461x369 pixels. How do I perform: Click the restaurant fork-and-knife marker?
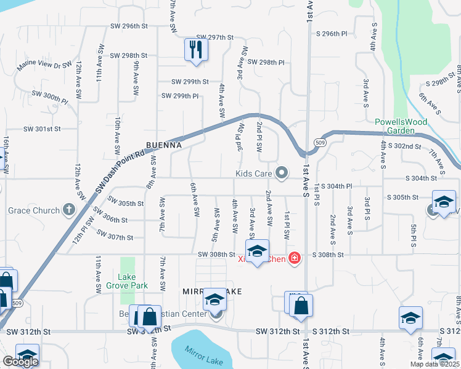(195, 50)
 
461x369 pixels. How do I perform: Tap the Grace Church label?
(34, 210)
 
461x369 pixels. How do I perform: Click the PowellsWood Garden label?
(401, 126)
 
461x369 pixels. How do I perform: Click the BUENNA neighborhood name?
(163, 145)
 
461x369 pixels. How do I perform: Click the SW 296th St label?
(129, 26)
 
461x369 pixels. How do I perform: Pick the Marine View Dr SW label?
(44, 65)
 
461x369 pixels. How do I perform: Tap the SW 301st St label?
(43, 129)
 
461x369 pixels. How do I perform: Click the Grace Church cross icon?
(68, 210)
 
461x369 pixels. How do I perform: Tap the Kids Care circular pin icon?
(282, 173)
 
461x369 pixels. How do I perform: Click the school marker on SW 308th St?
(258, 251)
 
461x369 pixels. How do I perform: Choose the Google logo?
(20, 362)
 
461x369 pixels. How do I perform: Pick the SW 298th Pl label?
(266, 62)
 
